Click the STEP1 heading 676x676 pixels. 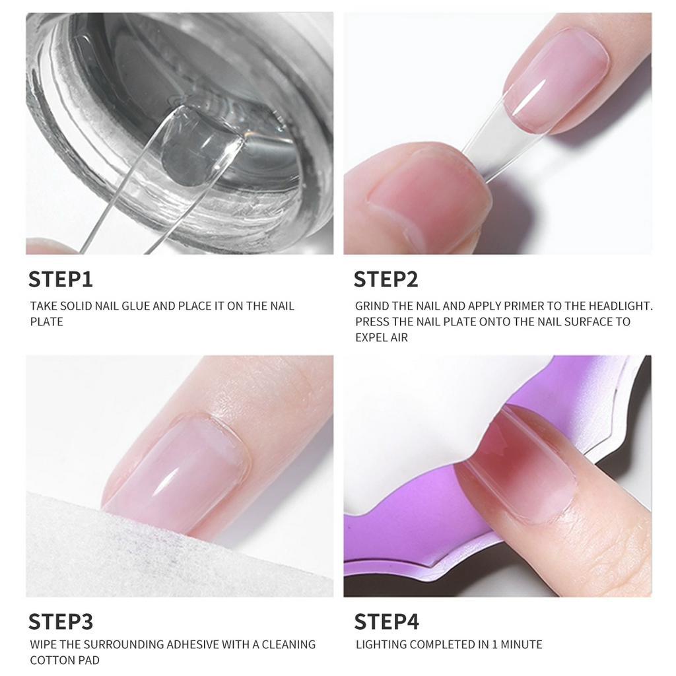coord(60,279)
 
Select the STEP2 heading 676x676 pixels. coord(386,279)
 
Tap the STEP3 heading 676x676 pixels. coord(60,621)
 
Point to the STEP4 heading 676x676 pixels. coord(386,621)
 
